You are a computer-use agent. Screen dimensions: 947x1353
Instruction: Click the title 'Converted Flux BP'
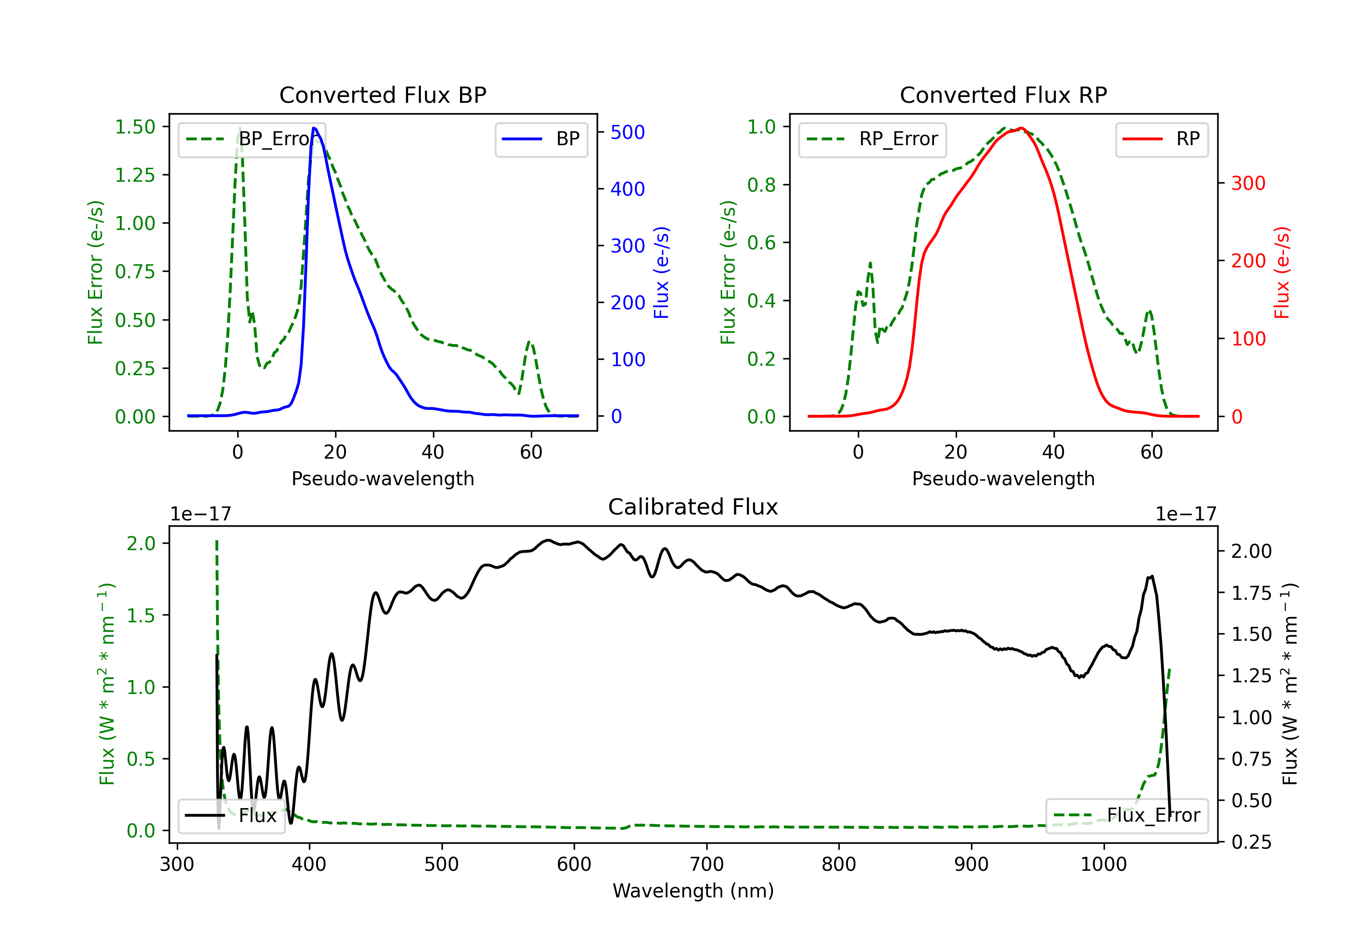(382, 95)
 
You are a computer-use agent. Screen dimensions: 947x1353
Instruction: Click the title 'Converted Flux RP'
(1003, 95)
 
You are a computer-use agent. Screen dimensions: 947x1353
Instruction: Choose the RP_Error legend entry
(872, 139)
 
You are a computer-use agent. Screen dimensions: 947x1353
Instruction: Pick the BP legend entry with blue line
(541, 139)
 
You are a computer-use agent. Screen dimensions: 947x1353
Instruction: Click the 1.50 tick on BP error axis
(135, 127)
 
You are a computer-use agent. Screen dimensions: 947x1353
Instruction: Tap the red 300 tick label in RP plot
(1248, 183)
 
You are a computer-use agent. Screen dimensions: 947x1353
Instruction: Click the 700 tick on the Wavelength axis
(707, 864)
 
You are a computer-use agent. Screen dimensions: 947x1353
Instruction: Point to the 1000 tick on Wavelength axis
(1103, 864)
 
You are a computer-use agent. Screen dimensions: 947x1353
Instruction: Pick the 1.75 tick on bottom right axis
(1252, 593)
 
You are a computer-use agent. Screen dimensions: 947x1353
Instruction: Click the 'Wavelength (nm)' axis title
(693, 891)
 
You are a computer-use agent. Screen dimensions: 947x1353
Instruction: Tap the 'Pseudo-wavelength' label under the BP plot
(382, 478)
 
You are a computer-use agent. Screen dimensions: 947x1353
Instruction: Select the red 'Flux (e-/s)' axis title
(1282, 272)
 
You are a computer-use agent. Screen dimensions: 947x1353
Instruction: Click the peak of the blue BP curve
(314, 128)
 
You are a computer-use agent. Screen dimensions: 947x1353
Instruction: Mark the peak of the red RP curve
(1021, 128)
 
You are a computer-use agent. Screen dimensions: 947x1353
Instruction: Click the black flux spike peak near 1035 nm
(1151, 576)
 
